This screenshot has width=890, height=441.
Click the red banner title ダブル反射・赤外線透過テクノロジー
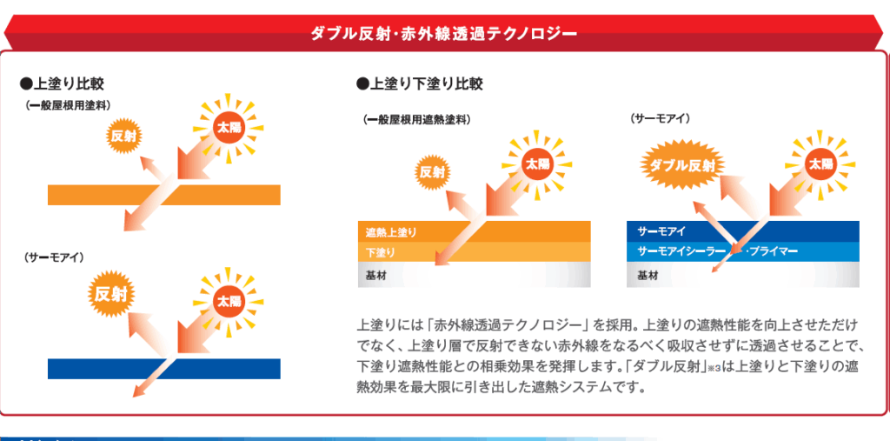444,34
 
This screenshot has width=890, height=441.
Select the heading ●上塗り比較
62,84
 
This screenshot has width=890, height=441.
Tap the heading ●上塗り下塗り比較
420,84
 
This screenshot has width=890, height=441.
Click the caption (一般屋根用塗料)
68,106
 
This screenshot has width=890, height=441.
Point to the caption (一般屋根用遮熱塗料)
417,120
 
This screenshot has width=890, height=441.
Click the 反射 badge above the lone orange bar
123,137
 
